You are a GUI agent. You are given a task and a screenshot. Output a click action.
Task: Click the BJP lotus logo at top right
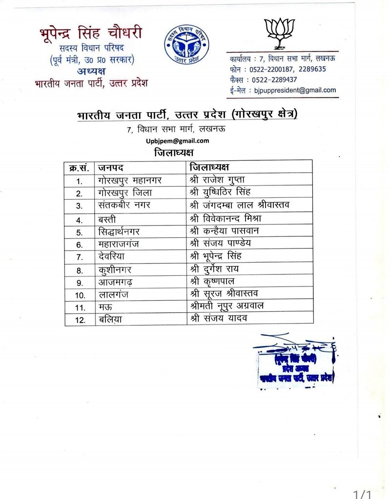point(280,33)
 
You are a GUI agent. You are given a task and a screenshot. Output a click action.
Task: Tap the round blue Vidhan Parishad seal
point(186,43)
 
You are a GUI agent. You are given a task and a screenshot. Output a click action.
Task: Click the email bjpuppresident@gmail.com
point(292,90)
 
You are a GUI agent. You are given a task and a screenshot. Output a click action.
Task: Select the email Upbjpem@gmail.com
point(177,141)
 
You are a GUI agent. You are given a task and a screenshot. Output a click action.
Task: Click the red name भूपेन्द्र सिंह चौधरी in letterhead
point(91,34)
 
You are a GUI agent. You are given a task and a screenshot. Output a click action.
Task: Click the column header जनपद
point(110,168)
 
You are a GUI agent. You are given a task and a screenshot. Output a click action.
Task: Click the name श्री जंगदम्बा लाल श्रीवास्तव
point(240,205)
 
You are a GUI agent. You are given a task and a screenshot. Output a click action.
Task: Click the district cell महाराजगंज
point(119,244)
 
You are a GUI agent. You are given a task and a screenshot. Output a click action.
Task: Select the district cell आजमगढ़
point(116,282)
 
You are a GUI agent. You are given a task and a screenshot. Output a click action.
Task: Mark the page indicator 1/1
point(362,495)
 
